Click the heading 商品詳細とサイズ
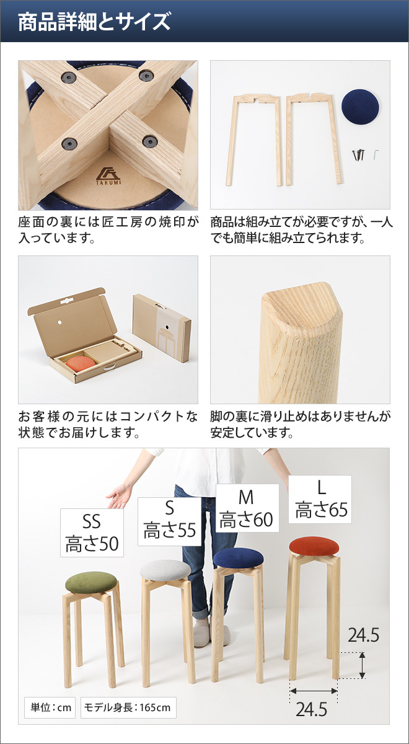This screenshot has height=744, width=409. (93, 22)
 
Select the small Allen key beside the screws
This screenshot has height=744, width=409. (376, 154)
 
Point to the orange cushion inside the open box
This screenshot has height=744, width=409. (80, 363)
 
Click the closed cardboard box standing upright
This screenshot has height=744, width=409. (162, 327)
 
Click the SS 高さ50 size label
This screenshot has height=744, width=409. (92, 533)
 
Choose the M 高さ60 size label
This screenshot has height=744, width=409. (247, 508)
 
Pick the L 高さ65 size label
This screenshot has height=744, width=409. (320, 499)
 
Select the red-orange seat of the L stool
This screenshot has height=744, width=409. (314, 546)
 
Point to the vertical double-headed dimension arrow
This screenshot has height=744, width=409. (363, 665)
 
